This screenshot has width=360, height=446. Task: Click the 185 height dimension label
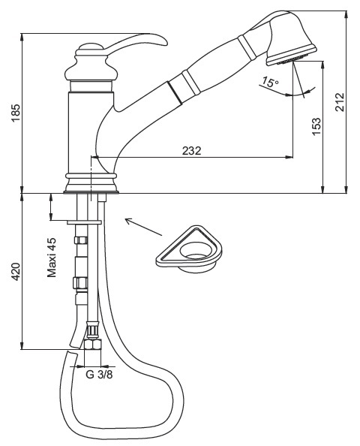point(16,113)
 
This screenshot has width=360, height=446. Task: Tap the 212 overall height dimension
point(340,102)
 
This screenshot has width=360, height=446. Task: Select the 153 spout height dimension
point(316,127)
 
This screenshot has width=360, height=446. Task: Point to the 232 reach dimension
point(191,150)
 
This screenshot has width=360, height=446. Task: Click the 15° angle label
point(270,82)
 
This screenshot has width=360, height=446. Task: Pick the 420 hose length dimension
point(16,272)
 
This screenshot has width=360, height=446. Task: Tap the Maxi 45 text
point(52,258)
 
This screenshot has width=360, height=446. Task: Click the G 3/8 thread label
point(99,375)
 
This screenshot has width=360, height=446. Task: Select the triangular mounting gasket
point(189,249)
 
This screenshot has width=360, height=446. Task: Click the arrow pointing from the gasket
point(144,227)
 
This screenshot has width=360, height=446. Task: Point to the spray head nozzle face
point(291,58)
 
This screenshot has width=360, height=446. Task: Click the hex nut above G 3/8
point(93,345)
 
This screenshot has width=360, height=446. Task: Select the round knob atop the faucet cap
point(90,47)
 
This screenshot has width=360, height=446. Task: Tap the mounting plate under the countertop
point(84,222)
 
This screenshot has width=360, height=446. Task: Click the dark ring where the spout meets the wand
point(174,92)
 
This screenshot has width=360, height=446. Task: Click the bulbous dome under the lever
point(91,68)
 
